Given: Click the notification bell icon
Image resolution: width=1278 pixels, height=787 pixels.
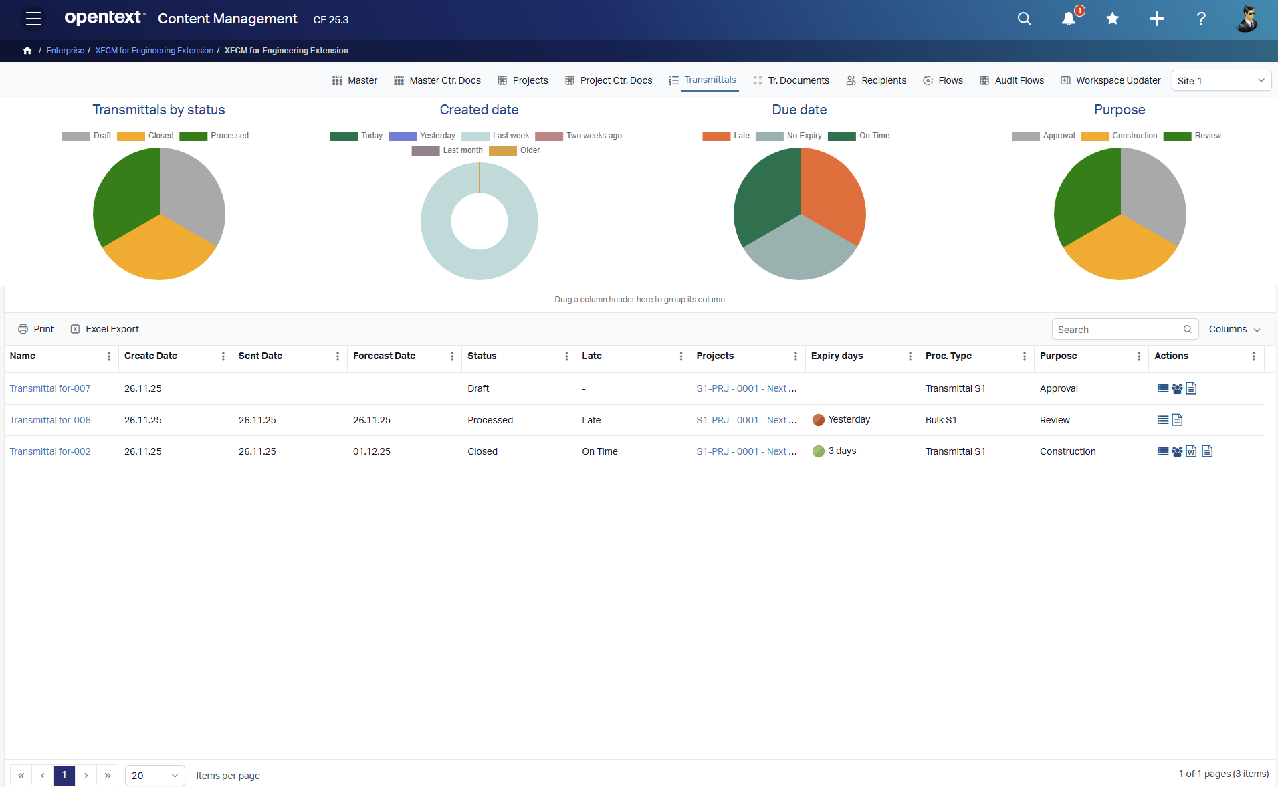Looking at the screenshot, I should coord(1068,19).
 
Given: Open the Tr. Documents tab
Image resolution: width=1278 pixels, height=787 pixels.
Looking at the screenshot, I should coord(798,80).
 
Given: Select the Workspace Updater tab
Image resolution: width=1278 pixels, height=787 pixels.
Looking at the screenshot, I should coord(1117,80).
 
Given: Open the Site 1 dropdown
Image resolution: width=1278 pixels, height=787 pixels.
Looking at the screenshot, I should coord(1221,81).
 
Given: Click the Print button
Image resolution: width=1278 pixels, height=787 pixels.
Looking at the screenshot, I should coord(36,329).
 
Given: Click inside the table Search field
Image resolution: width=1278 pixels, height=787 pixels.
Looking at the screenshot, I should coord(1117,330).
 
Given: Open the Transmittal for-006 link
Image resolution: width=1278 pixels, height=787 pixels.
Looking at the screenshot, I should coord(50,420).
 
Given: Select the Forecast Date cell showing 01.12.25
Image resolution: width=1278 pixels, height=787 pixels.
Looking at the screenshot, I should coord(372,451).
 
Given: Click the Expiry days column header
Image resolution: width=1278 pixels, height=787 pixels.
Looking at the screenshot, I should coord(837,356).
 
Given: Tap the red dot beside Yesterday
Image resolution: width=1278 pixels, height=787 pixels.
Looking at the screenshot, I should coord(818,420).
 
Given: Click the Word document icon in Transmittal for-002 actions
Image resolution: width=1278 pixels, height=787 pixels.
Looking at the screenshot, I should coord(1191,451).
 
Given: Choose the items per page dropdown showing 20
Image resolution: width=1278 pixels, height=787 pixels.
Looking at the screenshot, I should coord(154,776).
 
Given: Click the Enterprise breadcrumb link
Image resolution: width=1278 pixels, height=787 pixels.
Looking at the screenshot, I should coord(66,51).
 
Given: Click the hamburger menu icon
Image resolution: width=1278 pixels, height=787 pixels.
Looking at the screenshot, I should coord(33,19).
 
